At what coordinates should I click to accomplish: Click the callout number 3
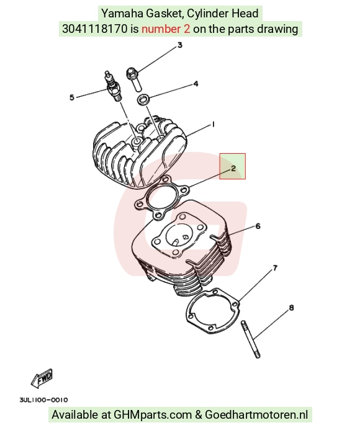click(x=180, y=45)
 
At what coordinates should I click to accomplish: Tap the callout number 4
click(x=196, y=84)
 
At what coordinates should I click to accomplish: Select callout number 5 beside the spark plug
click(x=72, y=97)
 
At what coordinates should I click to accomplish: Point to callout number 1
click(x=213, y=125)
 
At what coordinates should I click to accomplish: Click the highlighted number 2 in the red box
click(x=233, y=169)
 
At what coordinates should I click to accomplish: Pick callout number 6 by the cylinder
click(x=258, y=226)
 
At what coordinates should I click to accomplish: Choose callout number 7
click(x=275, y=269)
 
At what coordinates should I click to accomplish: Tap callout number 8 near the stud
click(x=291, y=308)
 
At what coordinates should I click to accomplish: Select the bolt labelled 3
click(x=134, y=79)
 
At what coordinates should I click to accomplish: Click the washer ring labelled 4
click(x=143, y=99)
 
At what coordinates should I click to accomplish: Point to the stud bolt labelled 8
click(x=251, y=339)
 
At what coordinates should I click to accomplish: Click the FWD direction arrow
click(x=42, y=379)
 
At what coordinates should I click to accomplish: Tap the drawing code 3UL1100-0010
click(x=43, y=400)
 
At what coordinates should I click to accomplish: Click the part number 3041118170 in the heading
click(x=95, y=29)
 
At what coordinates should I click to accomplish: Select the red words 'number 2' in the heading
click(x=166, y=29)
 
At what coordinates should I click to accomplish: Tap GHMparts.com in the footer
click(x=153, y=414)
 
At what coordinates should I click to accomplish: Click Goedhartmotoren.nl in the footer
click(x=256, y=414)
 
